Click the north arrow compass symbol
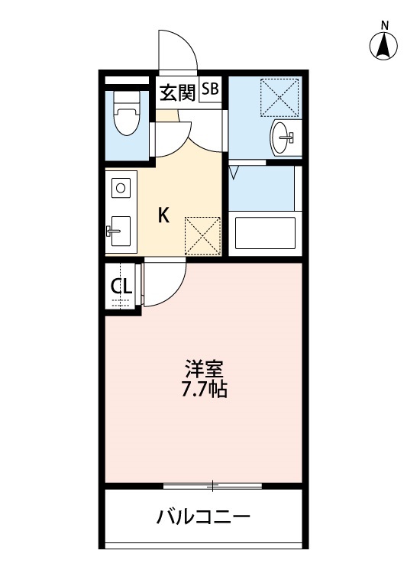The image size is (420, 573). pyautogui.click(x=385, y=47)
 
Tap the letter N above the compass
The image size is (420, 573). pyautogui.click(x=385, y=24)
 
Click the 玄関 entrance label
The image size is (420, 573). pyautogui.click(x=177, y=92)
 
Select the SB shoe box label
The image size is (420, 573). pyautogui.click(x=210, y=89)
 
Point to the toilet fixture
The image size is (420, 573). pyautogui.click(x=124, y=117)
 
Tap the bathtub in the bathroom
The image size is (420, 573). pyautogui.click(x=264, y=233)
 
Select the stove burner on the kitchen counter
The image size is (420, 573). pyautogui.click(x=119, y=186)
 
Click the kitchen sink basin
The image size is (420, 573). pyautogui.click(x=119, y=229)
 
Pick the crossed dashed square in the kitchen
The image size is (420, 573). pyautogui.click(x=203, y=235)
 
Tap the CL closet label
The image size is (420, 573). pyautogui.click(x=121, y=286)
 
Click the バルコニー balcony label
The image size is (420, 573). pyautogui.click(x=203, y=517)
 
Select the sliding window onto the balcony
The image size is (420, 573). pyautogui.click(x=213, y=485)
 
